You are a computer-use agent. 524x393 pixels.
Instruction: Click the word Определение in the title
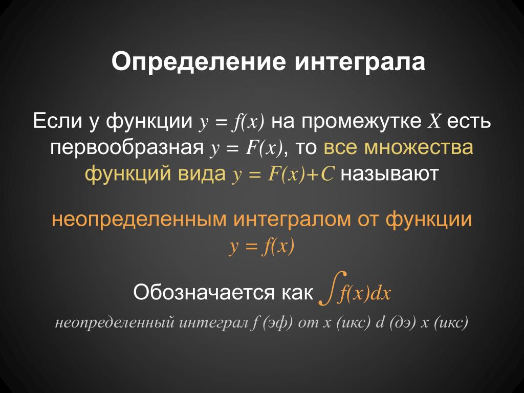199,62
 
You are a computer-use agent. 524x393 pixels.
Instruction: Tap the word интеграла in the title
360,62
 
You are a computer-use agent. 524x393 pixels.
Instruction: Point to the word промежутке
361,122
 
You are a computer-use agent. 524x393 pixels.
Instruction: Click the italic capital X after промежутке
434,121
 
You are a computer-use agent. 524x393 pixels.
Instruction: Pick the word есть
469,121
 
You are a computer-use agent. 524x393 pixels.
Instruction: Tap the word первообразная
127,148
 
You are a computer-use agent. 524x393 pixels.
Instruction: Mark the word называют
389,174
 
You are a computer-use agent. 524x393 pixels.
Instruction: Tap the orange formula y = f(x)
261,247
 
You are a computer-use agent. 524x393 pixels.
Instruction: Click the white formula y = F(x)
246,148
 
